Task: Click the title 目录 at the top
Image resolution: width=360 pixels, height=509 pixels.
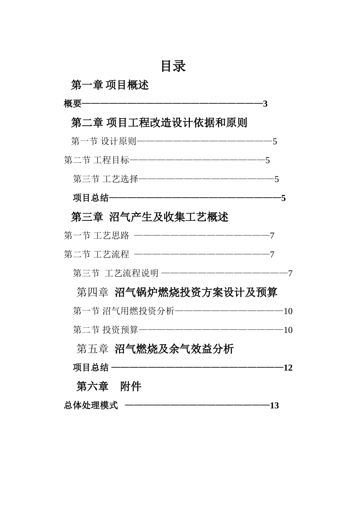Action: [173, 66]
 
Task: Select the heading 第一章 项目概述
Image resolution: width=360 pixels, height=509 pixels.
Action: [110, 85]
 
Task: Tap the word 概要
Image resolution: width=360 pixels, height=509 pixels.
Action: [72, 104]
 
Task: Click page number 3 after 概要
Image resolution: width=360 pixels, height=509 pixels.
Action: [265, 104]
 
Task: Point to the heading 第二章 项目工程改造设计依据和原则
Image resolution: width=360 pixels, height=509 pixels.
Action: [159, 123]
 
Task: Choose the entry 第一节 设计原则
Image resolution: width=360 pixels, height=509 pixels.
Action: [104, 142]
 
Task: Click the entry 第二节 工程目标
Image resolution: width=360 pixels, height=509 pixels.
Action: [97, 160]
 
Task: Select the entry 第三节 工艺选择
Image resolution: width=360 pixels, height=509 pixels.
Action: [106, 179]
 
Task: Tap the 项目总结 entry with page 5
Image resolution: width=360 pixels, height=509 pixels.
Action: [91, 198]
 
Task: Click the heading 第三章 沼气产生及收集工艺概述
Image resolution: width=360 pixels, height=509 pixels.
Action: [150, 217]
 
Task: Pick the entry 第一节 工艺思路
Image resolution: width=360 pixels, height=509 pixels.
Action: [97, 236]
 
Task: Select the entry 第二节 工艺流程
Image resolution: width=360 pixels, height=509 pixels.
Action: [97, 254]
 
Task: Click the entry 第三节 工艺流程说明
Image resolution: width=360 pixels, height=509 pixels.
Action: [116, 273]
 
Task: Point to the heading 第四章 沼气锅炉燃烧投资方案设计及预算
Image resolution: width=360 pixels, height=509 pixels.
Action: [177, 292]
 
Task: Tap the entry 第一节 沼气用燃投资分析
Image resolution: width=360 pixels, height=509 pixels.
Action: [124, 311]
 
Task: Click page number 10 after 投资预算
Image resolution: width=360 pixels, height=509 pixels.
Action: [288, 330]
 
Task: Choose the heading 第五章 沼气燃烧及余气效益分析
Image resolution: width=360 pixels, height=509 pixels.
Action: [155, 349]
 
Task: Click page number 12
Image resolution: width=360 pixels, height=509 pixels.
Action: [288, 368]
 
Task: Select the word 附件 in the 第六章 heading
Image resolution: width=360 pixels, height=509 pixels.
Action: [131, 387]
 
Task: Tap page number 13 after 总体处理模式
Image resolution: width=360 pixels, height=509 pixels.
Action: [274, 406]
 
